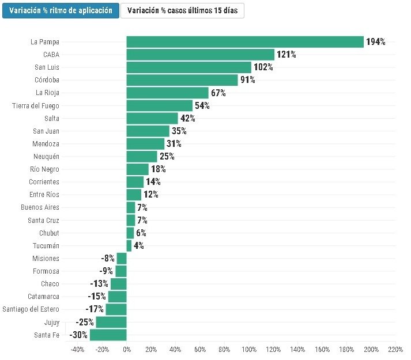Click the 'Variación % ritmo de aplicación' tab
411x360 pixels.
click(61, 11)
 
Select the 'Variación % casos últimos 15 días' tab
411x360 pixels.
click(182, 11)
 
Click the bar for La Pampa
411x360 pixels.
click(245, 42)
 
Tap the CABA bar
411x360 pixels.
click(201, 55)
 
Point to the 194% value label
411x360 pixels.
click(376, 41)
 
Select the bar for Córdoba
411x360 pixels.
click(182, 80)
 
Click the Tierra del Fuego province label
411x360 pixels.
click(36, 105)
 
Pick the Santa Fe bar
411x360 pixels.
click(108, 335)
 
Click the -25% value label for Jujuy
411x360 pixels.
click(85, 322)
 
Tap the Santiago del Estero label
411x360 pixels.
click(31, 309)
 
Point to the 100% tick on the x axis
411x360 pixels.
click(249, 349)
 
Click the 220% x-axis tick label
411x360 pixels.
click(395, 349)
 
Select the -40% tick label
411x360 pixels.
click(78, 349)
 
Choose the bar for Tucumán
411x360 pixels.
click(129, 246)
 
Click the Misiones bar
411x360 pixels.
click(122, 259)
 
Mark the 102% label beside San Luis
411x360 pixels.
click(263, 67)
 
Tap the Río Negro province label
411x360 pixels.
click(44, 169)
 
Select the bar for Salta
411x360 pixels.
click(152, 118)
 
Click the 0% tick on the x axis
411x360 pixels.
click(127, 349)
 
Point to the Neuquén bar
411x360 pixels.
click(142, 157)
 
